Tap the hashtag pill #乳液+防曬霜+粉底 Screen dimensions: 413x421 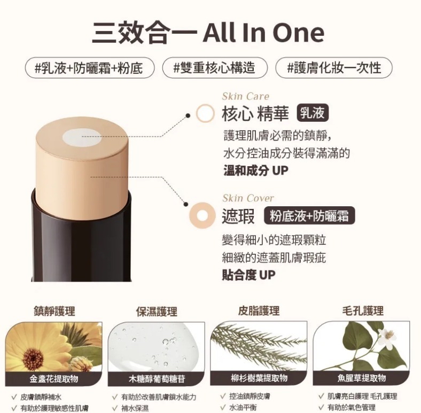click(90, 68)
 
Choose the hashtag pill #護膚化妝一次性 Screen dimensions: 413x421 click(334, 68)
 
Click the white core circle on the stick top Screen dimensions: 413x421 click(82, 137)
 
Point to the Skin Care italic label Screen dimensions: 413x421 click(245, 96)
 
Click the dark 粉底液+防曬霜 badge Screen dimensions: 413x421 click(309, 216)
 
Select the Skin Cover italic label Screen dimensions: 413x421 click(248, 198)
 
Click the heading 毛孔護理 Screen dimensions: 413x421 click(363, 311)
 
